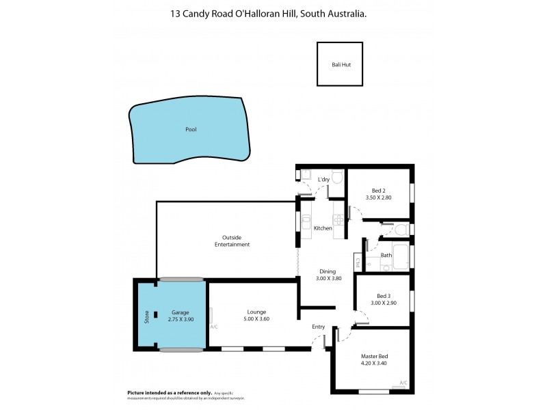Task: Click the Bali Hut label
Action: (340, 64)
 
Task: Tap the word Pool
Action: (191, 129)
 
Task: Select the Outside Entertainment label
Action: (232, 241)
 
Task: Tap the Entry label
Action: (319, 327)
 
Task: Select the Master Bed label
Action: (374, 356)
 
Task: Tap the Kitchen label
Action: (323, 228)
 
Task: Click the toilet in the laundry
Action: (336, 175)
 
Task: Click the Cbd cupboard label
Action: (357, 261)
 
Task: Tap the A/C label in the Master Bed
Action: (403, 382)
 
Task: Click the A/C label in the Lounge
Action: (214, 327)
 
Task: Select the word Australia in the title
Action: (342, 13)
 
